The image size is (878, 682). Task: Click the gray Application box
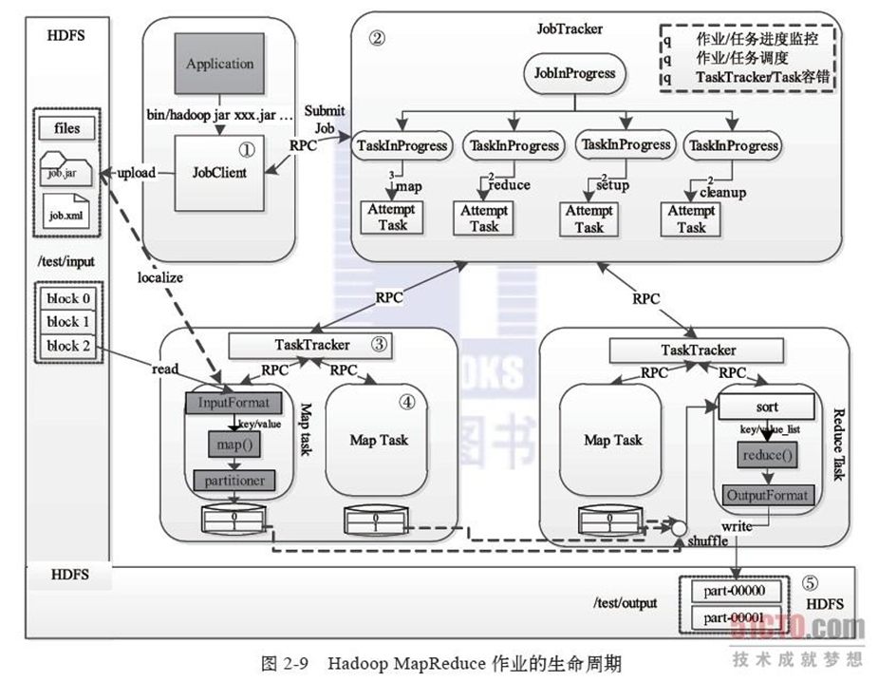point(219,65)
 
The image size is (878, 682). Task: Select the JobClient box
point(219,174)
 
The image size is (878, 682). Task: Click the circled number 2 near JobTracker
point(377,38)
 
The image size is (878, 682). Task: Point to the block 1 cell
point(63,321)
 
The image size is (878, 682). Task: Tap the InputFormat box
point(234,402)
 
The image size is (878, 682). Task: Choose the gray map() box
point(233,443)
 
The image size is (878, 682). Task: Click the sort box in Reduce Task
point(767,407)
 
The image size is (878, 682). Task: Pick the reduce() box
point(767,456)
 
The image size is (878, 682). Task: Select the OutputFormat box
point(767,495)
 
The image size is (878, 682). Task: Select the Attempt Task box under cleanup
point(691,219)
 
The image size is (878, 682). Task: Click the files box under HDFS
point(67,128)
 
